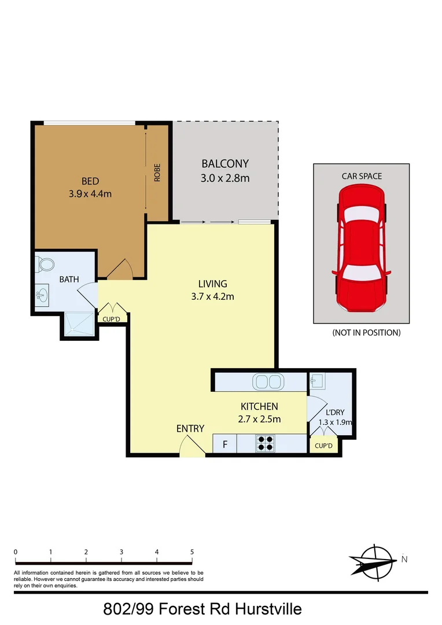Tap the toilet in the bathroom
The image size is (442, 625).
tap(45, 264)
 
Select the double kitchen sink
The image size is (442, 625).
tap(267, 382)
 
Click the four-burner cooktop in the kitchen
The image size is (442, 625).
tap(266, 443)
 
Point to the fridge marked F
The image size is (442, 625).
tap(225, 444)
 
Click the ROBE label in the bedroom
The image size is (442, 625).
tap(157, 174)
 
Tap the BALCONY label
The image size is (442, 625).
tap(225, 163)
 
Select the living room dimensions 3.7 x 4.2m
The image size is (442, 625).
tap(213, 297)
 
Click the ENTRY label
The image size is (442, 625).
tap(190, 429)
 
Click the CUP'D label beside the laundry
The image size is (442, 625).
tap(323, 446)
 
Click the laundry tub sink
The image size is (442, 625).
tap(317, 381)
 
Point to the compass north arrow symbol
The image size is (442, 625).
tap(373, 560)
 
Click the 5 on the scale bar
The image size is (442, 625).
tap(192, 552)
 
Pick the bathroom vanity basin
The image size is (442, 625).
tap(41, 296)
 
